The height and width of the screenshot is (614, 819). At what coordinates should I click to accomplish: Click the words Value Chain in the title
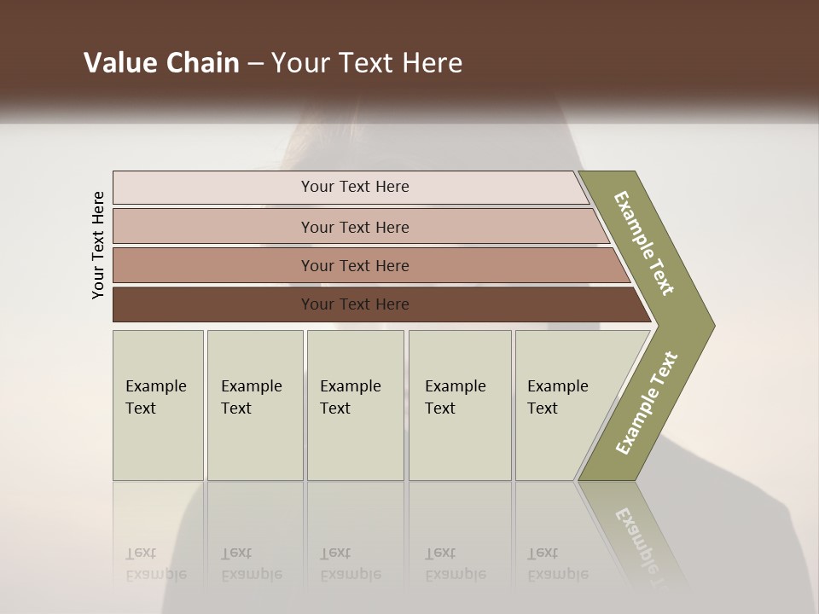coord(161,63)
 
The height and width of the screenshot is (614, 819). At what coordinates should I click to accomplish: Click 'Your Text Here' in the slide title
coord(367,63)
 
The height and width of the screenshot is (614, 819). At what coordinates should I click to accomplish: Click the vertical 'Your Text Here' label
coord(98,245)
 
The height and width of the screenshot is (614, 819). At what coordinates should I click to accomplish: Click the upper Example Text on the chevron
coord(644,243)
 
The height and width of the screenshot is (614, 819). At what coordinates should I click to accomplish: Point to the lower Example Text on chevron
coord(647,403)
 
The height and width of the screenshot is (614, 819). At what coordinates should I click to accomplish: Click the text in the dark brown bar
coord(355,304)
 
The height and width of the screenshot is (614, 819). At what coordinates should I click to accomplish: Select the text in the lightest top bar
coord(355,187)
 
